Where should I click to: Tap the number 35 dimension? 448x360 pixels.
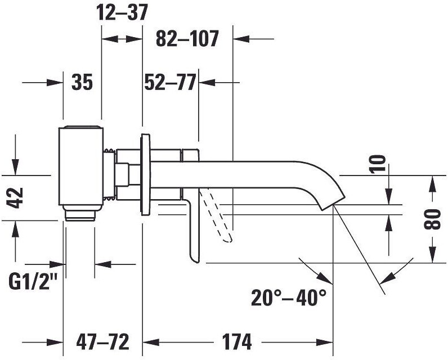click(x=82, y=83)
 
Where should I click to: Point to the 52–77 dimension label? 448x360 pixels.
click(x=169, y=83)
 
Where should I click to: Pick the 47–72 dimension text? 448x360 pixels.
click(x=103, y=341)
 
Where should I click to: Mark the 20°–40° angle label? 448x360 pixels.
click(x=289, y=296)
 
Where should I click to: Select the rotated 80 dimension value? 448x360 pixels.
click(x=432, y=219)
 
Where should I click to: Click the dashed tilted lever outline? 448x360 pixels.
click(x=218, y=217)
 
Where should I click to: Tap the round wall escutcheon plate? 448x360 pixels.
click(x=146, y=174)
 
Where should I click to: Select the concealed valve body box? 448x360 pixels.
click(x=82, y=166)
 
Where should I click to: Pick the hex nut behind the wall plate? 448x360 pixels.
click(x=123, y=174)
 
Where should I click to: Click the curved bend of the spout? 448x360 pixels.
click(x=321, y=177)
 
